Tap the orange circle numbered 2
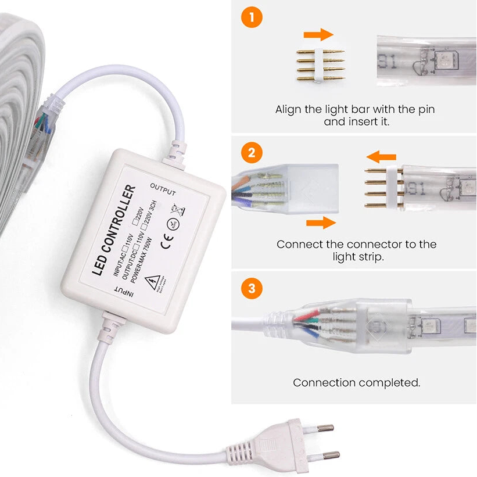click(x=251, y=153)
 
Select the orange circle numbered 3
click(x=251, y=288)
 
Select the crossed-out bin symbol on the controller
click(x=177, y=208)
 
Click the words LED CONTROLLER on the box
click(x=114, y=231)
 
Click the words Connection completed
click(x=356, y=382)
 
